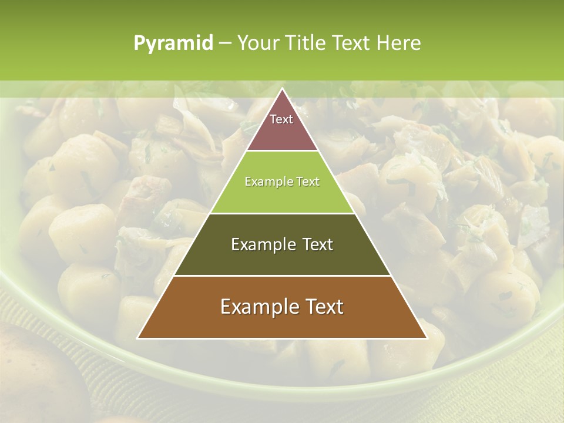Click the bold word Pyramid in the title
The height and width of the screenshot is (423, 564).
coord(173,43)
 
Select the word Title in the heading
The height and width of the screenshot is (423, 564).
coord(306,43)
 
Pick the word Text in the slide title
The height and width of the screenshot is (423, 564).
coord(352,43)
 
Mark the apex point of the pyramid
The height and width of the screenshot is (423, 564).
coord(282,89)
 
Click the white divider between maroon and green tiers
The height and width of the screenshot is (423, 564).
coord(282,151)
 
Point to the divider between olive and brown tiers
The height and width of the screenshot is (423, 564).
coord(282,276)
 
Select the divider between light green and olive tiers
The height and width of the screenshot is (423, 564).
coord(282,213)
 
